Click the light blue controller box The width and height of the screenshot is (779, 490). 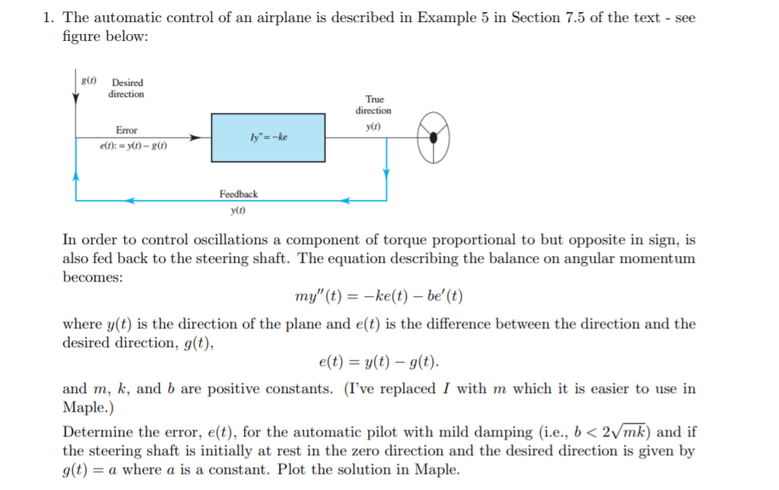pos(268,136)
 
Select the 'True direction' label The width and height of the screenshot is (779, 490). pos(373,105)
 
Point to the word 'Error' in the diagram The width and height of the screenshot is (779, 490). pos(126,130)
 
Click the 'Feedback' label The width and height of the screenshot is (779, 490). pos(238,194)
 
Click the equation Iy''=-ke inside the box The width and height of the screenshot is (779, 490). pos(264,136)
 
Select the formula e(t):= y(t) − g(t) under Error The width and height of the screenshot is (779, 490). pos(131,145)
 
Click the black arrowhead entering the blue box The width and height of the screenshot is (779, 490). pos(196,136)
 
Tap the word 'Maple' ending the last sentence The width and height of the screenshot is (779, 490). pos(437,470)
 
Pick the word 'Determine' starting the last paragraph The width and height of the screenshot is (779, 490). pos(97,431)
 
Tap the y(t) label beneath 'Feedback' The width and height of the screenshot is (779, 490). pos(238,210)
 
